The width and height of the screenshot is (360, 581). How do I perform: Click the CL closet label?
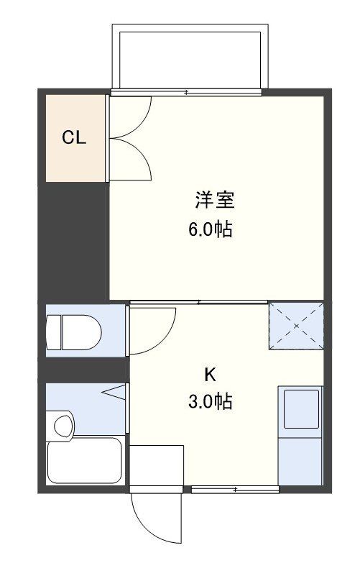coord(73,138)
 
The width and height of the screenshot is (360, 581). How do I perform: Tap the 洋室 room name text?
coord(213,199)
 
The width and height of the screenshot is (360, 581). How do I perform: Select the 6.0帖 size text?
coord(211,230)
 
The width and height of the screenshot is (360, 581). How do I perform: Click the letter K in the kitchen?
coord(210,374)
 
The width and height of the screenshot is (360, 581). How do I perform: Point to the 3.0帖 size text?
coord(211,401)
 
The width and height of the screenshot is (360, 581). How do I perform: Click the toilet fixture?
coord(74,332)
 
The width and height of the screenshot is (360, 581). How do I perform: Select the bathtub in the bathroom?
coord(85,462)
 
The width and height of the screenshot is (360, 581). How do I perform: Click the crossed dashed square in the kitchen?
coord(295,326)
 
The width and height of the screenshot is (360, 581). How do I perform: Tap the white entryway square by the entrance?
coord(157,467)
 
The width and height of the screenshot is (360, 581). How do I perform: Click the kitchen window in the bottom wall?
coord(235,490)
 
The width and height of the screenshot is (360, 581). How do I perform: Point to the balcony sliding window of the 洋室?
coord(187,92)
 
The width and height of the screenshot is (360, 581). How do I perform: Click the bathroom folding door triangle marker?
coord(115,393)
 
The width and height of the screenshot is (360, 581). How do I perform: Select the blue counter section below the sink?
coord(300,460)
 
